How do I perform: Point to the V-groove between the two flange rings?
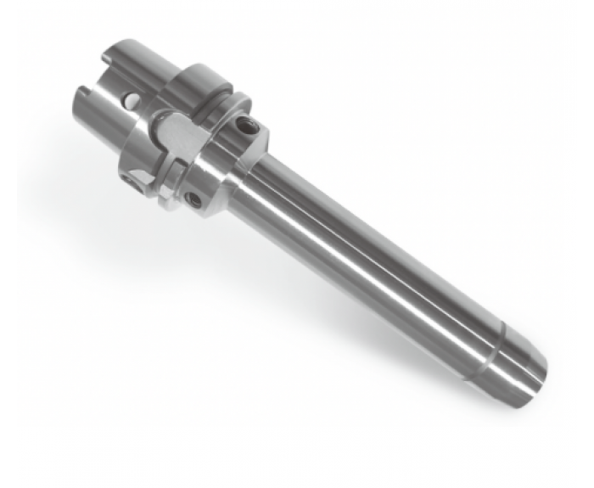tap(216, 102)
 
